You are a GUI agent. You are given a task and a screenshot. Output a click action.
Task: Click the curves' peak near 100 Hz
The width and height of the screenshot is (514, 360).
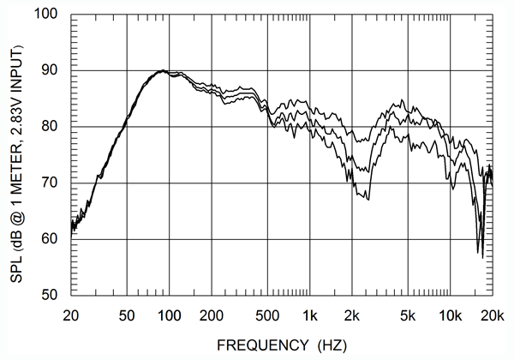pos(163,70)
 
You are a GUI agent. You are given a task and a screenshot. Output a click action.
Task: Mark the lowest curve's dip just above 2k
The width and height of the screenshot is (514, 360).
pos(368,199)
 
